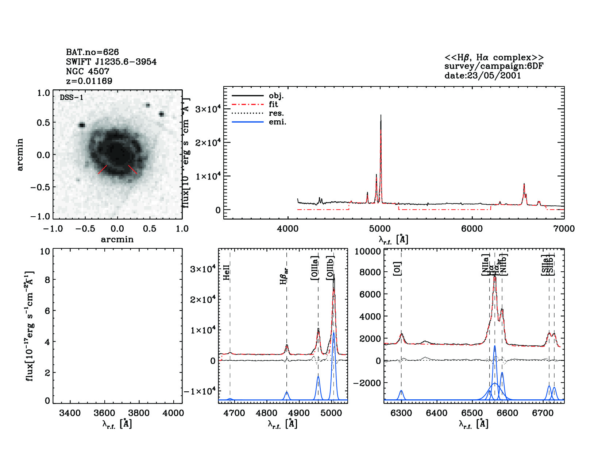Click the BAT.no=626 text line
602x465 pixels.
92,52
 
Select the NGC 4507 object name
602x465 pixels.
88,71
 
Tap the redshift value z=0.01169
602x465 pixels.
89,81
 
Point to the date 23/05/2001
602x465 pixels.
482,75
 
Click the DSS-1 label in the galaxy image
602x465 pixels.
72,98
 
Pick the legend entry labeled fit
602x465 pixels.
273,104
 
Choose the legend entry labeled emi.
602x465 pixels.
277,122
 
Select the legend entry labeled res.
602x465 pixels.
276,113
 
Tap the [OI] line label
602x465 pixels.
397,269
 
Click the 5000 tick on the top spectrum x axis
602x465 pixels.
380,229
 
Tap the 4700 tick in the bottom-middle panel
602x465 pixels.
234,413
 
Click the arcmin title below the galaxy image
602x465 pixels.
117,240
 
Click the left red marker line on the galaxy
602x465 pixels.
103,170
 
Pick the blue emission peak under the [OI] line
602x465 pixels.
401,391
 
